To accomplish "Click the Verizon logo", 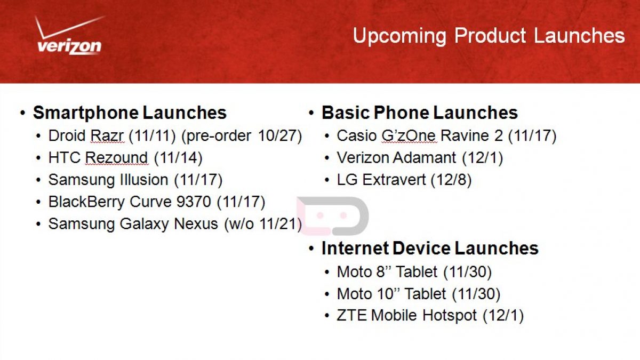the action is [69, 35].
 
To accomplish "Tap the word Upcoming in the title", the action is [399, 36].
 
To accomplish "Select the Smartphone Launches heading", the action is [130, 113].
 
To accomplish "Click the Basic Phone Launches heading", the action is [420, 113].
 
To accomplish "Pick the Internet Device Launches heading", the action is [430, 248].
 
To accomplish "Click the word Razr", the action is [107, 135].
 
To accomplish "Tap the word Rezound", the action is [117, 158].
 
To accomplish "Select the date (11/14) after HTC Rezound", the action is [178, 158].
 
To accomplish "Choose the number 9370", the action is [194, 202].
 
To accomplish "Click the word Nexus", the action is [196, 223].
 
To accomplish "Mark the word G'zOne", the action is [409, 135].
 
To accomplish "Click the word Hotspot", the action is [450, 316].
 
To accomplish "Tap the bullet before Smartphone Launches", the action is [23, 113].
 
